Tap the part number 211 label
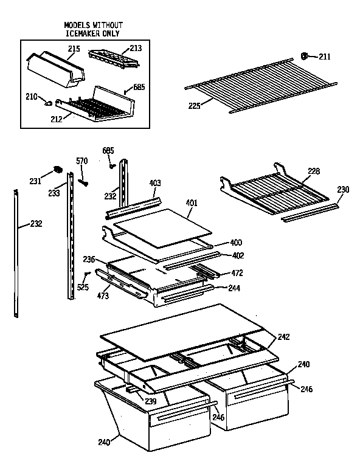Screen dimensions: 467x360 [324, 57]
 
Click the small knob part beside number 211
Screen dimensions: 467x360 [305, 56]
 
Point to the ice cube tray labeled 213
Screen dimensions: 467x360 [112, 58]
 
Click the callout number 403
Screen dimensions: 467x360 [155, 182]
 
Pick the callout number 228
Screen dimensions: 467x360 [314, 171]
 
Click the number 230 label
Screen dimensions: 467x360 [344, 189]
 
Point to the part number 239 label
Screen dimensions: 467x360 [151, 401]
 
